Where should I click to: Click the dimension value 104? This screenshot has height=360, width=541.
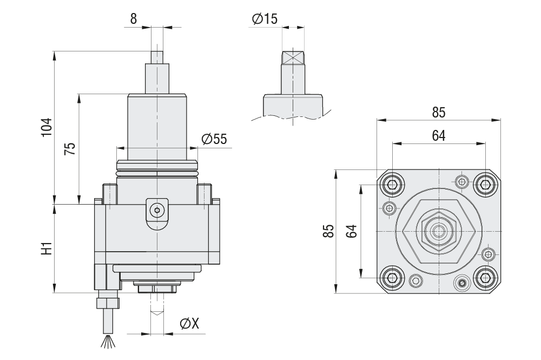click(47, 127)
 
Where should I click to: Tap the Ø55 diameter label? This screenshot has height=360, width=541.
click(214, 139)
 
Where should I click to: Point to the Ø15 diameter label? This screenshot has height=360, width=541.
click(265, 19)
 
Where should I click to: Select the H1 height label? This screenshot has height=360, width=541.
click(47, 248)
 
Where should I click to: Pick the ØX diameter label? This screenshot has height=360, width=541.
click(189, 324)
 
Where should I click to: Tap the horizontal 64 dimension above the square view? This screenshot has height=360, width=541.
click(438, 136)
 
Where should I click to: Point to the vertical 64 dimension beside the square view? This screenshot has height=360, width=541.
click(352, 231)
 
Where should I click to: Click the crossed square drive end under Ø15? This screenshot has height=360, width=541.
click(293, 58)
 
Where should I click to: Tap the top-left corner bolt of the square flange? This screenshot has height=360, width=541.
click(392, 184)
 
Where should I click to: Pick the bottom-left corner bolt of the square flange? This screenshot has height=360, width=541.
click(392, 278)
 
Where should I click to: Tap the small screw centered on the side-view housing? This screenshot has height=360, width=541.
click(157, 208)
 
